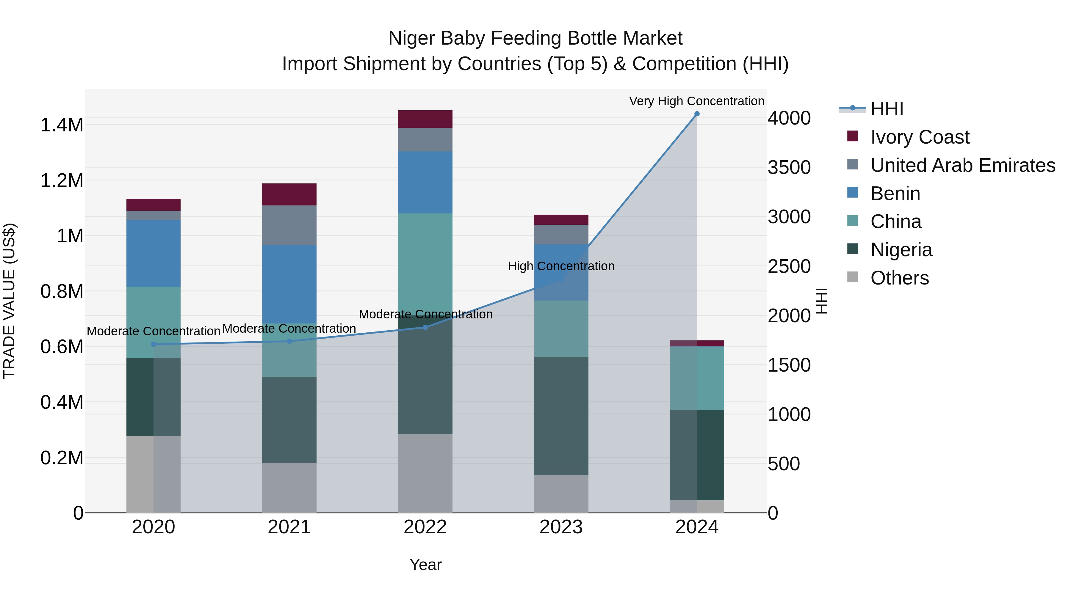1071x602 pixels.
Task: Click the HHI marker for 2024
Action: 697,114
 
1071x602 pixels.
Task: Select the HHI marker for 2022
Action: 425,327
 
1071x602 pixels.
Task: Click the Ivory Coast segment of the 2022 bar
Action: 425,119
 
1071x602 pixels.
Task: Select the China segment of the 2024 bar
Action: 697,378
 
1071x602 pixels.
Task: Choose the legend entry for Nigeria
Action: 901,250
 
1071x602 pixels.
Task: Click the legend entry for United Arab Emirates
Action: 962,165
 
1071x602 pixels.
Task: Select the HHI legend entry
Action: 887,109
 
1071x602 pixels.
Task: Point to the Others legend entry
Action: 899,278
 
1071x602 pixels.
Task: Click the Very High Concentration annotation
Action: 696,101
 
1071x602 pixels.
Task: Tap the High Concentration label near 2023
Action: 561,266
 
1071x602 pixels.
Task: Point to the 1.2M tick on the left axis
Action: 62,181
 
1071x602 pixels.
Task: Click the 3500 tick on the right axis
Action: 789,167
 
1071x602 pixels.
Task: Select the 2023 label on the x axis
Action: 561,527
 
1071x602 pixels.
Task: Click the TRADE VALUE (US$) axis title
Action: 9,301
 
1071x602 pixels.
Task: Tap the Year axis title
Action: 425,565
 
